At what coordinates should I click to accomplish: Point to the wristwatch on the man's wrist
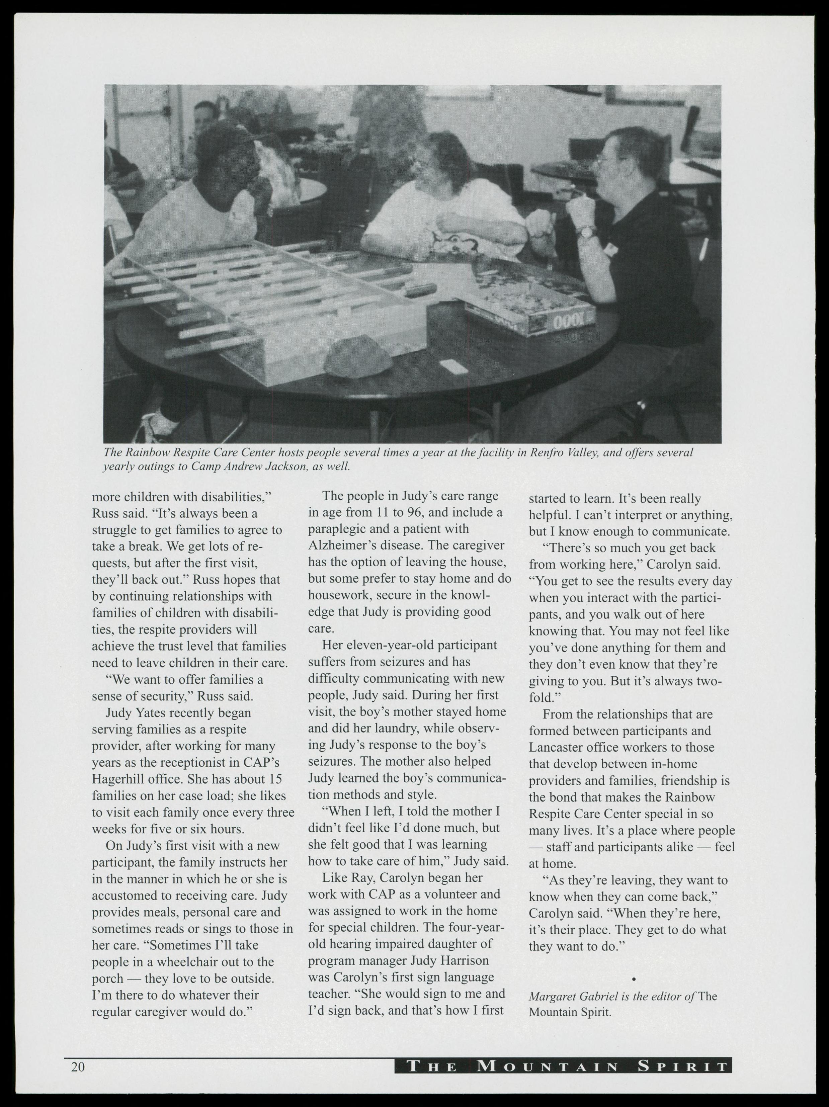(x=586, y=231)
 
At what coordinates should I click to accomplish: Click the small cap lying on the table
(x=357, y=357)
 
